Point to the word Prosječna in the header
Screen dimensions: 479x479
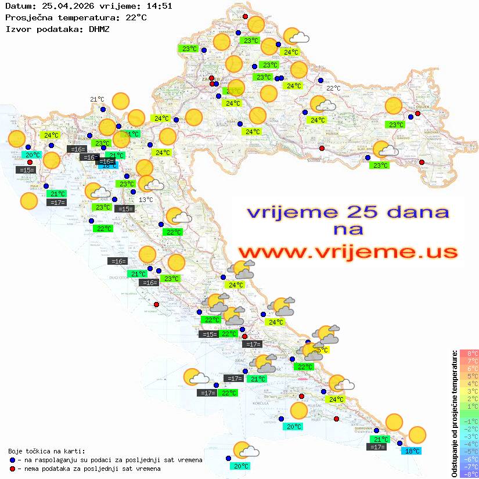[x=26, y=17]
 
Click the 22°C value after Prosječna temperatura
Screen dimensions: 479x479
[x=135, y=17]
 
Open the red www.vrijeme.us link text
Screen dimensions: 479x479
[x=347, y=252]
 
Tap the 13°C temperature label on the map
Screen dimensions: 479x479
[x=146, y=200]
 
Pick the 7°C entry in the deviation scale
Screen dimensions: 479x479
[x=469, y=361]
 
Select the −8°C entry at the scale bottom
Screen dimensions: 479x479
[x=469, y=474]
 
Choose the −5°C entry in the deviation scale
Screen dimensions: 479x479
[x=469, y=452]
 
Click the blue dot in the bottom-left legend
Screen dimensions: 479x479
[x=13, y=460]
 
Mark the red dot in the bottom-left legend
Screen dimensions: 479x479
[x=13, y=469]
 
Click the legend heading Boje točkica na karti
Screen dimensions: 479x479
[x=46, y=451]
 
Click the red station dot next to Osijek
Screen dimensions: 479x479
[x=417, y=114]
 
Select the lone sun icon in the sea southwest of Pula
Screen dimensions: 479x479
[x=28, y=201]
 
